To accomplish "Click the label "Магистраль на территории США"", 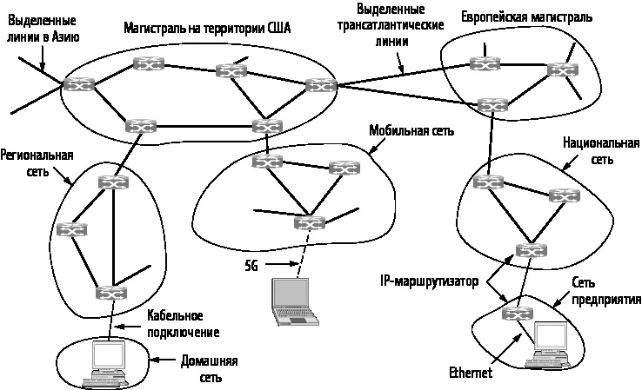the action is click(207, 28).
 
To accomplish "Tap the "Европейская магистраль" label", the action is click(527, 17).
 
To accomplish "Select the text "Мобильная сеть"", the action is click(411, 130).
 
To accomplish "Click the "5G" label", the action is click(251, 266).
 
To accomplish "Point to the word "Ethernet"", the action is click(471, 373).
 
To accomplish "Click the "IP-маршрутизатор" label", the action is click(430, 281).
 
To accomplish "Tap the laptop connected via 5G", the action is click(294, 302).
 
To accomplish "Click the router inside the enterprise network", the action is click(518, 314).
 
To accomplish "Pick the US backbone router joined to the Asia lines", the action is click(78, 84).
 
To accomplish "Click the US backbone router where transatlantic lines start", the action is click(322, 85).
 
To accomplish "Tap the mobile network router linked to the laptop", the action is click(310, 223).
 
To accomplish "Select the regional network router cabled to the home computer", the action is click(111, 293).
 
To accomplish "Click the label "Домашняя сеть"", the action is click(210, 369).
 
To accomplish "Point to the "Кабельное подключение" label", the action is click(183, 324).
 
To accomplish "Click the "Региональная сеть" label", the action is click(37, 162).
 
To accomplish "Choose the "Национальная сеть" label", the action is click(601, 151).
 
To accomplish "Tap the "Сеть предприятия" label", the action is click(606, 291).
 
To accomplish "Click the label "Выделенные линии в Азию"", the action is click(43, 29).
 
